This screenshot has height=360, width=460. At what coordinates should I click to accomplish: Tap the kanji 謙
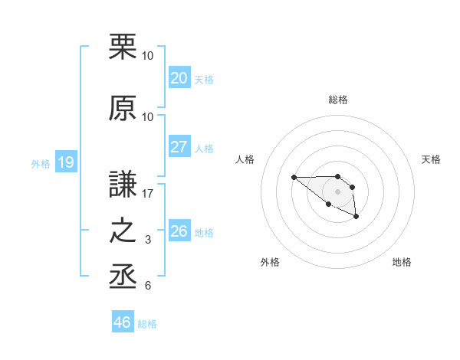click(123, 185)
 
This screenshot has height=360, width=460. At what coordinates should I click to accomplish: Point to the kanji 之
click(123, 231)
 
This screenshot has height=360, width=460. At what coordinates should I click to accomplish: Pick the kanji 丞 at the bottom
click(123, 277)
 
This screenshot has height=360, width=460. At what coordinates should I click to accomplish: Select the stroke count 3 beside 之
click(148, 240)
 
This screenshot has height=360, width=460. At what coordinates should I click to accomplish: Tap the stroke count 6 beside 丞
click(148, 286)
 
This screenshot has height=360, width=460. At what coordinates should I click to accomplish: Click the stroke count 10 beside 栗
click(147, 56)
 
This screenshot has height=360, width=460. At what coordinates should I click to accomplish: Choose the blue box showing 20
click(179, 78)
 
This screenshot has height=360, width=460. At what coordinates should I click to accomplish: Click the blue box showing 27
click(179, 147)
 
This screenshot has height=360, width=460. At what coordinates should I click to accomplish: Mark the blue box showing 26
click(179, 231)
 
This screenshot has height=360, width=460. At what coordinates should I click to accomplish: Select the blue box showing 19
click(65, 162)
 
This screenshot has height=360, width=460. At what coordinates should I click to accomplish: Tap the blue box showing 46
click(122, 322)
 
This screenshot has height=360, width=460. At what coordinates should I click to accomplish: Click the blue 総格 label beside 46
click(147, 324)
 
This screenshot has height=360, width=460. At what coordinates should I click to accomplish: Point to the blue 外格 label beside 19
click(41, 163)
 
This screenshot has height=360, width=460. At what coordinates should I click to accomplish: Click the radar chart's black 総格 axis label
click(337, 100)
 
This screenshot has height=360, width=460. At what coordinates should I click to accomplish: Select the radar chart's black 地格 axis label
click(402, 262)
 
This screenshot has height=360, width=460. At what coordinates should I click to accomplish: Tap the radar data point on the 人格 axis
click(294, 177)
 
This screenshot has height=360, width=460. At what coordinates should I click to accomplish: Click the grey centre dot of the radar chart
click(337, 191)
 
